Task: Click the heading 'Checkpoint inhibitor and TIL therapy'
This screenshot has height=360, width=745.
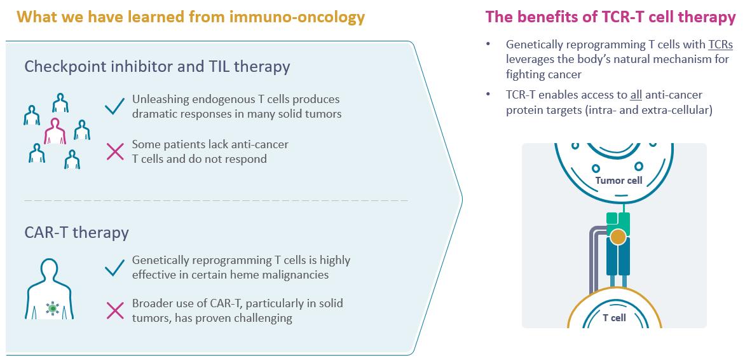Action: click(x=157, y=67)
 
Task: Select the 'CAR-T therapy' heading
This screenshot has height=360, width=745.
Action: click(x=76, y=233)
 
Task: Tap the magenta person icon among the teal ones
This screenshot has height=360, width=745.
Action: click(x=55, y=131)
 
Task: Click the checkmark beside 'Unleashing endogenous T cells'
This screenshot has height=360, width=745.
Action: click(x=114, y=106)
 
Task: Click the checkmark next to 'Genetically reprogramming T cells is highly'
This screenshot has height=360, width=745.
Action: click(x=114, y=267)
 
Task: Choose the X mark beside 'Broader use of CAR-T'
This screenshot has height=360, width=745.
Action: click(x=114, y=310)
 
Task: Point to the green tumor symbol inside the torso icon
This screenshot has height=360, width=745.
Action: click(x=52, y=308)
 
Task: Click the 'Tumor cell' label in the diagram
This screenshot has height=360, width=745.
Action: click(x=619, y=181)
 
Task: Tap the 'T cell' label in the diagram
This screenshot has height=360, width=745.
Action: click(x=614, y=318)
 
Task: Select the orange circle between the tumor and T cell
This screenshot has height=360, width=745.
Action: click(x=618, y=237)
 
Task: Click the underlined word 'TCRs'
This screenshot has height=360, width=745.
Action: click(x=720, y=45)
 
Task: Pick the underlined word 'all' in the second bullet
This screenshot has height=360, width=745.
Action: click(x=636, y=95)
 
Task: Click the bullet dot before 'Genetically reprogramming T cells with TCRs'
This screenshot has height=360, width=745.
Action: click(x=488, y=45)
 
